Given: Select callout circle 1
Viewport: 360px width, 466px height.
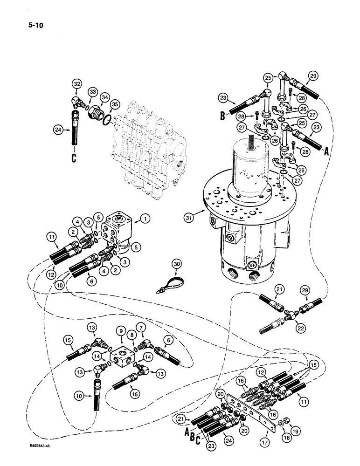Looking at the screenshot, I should point(145,218).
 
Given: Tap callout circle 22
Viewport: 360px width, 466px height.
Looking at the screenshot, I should point(302,329).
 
